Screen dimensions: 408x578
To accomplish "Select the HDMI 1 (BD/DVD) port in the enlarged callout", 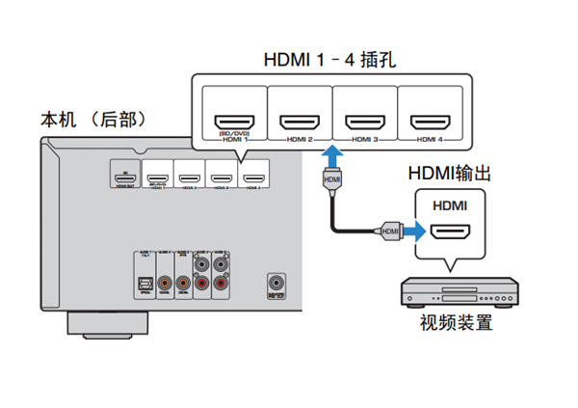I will point(233,122).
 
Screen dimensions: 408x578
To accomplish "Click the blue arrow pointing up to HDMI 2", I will point(330,157).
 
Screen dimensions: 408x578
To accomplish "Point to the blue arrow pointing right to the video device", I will point(413,231).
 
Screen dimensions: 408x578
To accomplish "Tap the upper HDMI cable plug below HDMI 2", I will point(330,180).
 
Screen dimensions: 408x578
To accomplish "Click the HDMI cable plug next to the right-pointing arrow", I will point(389,231).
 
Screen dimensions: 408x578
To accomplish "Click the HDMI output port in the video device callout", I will point(450,231).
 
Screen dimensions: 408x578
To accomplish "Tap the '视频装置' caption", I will point(457,322).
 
